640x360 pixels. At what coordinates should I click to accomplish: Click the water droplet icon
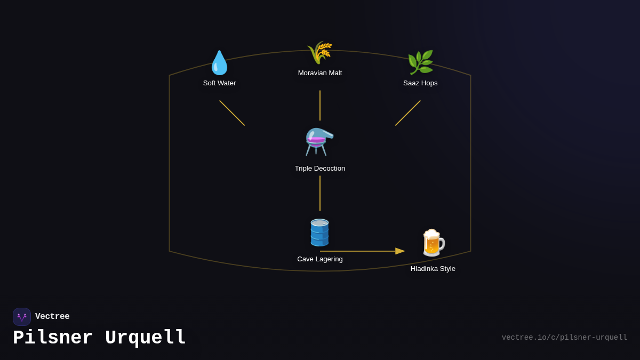click(x=219, y=63)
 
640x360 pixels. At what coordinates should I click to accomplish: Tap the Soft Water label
click(x=219, y=83)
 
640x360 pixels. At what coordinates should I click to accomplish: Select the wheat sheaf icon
click(x=319, y=52)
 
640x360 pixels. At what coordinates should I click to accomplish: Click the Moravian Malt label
click(x=320, y=73)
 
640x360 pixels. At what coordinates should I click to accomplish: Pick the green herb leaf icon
click(x=420, y=62)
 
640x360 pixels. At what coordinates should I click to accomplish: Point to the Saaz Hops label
click(x=420, y=83)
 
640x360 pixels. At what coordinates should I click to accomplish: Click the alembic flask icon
click(x=319, y=142)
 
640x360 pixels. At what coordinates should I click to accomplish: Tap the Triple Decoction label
click(x=320, y=169)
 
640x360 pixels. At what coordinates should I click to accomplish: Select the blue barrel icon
click(x=319, y=233)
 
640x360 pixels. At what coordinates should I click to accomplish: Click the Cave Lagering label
click(x=320, y=259)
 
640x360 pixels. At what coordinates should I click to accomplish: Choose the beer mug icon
click(x=433, y=243)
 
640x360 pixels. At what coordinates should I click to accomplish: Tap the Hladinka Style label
click(x=433, y=269)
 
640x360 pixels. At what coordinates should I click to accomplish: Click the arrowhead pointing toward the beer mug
click(x=400, y=251)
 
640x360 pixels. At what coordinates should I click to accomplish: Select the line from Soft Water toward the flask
click(x=232, y=113)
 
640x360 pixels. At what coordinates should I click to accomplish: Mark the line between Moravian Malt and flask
click(x=320, y=105)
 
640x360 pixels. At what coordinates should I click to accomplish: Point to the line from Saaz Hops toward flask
click(x=408, y=113)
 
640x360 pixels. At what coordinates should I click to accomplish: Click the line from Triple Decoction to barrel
click(x=320, y=193)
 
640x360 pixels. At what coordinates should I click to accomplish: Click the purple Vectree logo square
click(x=22, y=317)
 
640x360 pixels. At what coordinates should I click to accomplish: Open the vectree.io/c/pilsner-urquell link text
click(x=564, y=338)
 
